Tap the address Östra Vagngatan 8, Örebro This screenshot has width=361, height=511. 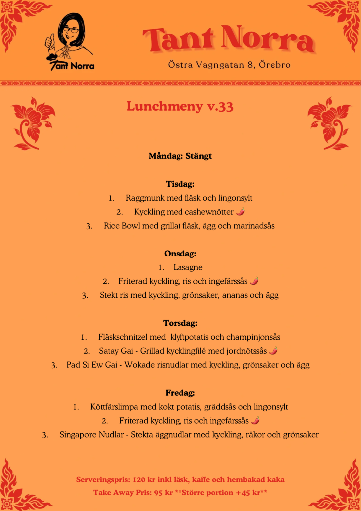pos(229,65)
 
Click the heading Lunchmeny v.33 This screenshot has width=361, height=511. pos(180,107)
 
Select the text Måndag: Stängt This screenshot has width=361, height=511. pos(180,156)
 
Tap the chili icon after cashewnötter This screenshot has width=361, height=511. pos(241,212)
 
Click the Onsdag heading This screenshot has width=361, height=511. pos(180,254)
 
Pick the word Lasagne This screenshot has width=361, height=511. pos(188,267)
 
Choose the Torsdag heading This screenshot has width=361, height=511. pos(180,323)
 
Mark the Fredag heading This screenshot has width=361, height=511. pos(180,393)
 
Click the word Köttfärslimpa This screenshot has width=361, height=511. pos(116,407)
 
